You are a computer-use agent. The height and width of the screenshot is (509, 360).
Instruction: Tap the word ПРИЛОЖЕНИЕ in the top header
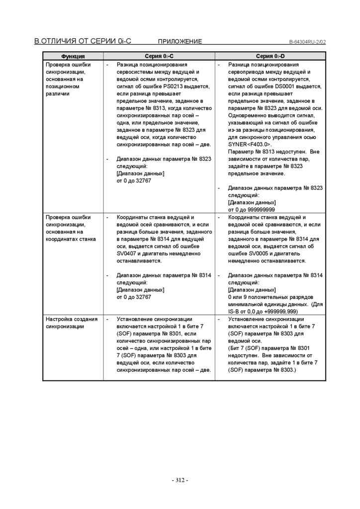pyautogui.click(x=180, y=41)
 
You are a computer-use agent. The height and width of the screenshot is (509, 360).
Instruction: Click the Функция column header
pyautogui.click(x=73, y=57)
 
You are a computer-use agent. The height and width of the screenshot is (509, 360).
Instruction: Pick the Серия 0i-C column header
pyautogui.click(x=159, y=57)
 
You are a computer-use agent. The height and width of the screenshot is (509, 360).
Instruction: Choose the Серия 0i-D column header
pyautogui.click(x=270, y=57)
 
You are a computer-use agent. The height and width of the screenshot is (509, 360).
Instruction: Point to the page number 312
pyautogui.click(x=180, y=480)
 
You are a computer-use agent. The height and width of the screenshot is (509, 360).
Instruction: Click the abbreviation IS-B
pyautogui.click(x=235, y=311)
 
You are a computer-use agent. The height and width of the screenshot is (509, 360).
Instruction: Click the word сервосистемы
pyautogui.click(x=136, y=72)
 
